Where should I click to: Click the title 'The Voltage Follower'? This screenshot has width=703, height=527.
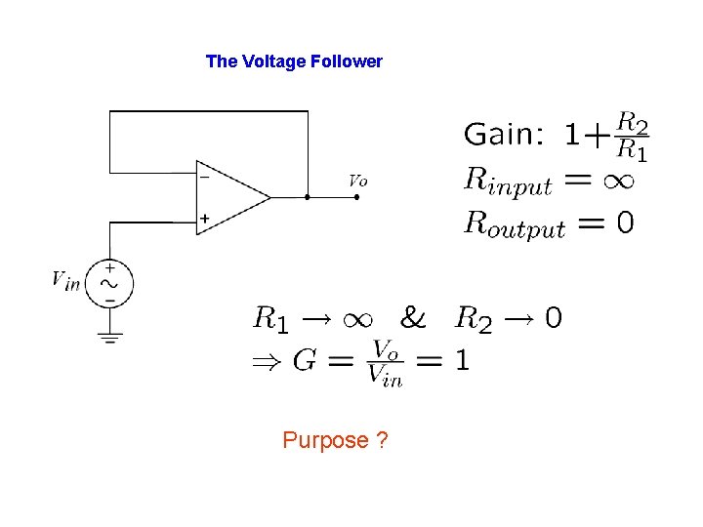294,61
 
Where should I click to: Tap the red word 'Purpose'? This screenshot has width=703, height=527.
325,440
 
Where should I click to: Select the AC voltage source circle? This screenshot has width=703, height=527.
109,284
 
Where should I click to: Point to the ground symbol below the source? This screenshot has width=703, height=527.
109,339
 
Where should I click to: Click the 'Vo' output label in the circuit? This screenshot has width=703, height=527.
358,180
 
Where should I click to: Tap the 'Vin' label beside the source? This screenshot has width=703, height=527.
65,280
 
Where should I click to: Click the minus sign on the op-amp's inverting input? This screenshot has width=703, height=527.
204,178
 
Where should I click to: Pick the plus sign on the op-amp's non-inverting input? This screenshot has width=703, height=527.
204,218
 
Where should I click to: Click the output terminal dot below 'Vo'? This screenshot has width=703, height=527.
357,197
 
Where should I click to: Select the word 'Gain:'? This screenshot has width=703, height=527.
503,134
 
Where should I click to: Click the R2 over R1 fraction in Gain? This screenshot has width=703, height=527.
634,137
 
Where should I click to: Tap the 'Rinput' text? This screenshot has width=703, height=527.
508,181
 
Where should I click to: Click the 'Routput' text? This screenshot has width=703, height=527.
514,224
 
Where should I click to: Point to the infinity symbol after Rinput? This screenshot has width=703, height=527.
612,180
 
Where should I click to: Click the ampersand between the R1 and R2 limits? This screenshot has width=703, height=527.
413,317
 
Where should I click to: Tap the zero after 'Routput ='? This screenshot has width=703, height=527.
624,223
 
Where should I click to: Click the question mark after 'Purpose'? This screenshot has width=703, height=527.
382,440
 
